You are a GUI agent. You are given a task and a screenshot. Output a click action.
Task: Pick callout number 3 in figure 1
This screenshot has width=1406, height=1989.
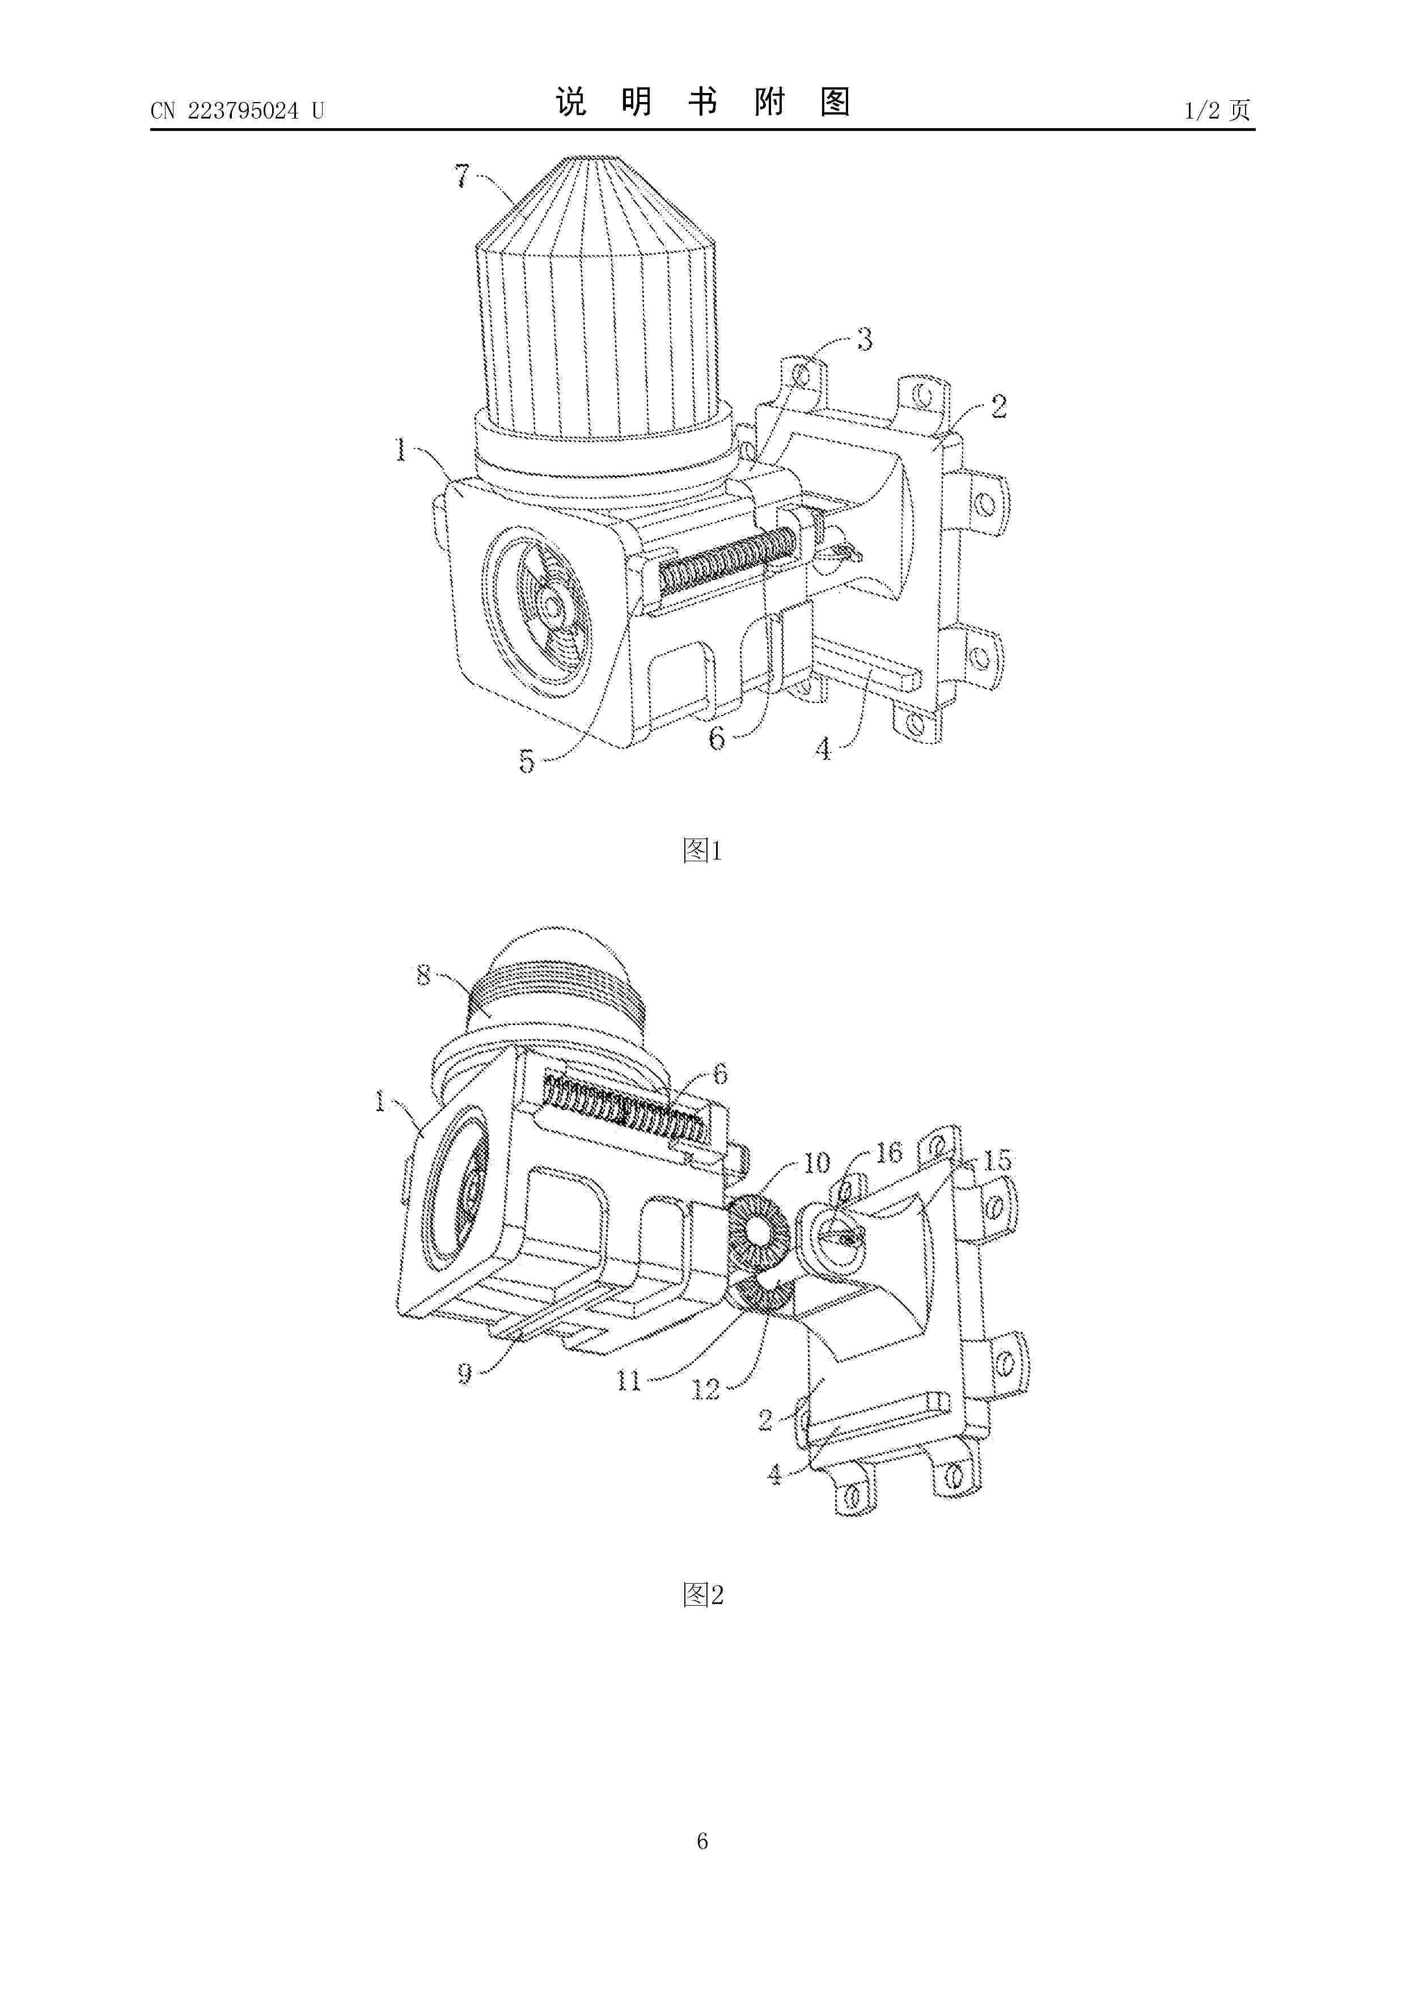(865, 340)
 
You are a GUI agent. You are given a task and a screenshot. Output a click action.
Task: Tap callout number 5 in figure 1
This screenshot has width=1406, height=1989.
(527, 760)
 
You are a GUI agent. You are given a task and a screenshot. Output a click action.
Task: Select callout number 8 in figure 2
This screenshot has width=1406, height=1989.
(424, 975)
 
